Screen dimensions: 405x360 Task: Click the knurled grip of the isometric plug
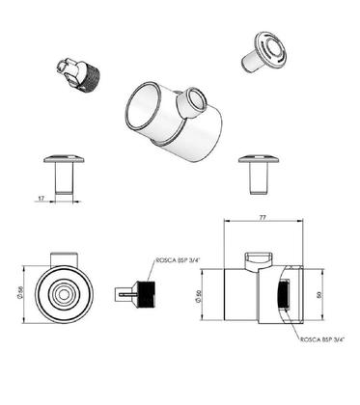pos(91,75)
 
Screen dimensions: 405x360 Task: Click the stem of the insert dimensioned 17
pos(65,179)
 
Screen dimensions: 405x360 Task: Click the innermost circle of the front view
pos(65,293)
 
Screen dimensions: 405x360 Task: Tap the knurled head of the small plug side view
pos(147,293)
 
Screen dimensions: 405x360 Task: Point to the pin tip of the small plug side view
pos(122,293)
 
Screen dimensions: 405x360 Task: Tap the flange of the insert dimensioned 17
pos(65,160)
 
